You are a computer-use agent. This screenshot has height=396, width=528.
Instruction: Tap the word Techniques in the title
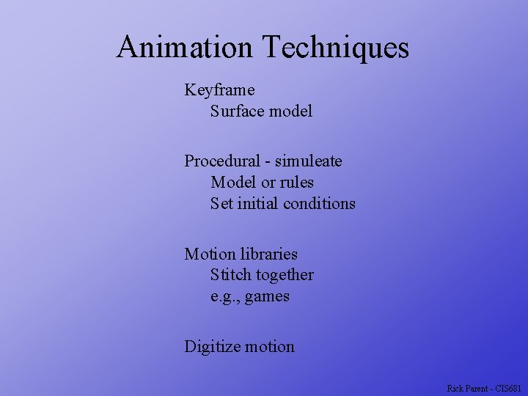pyautogui.click(x=335, y=48)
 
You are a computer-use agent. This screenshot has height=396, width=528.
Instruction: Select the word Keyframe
pyautogui.click(x=219, y=90)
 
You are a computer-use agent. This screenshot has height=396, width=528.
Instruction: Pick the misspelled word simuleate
pyautogui.click(x=309, y=161)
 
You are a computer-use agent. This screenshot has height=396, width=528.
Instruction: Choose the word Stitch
pyautogui.click(x=230, y=275)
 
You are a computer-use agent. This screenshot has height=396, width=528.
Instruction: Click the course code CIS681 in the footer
pyautogui.click(x=510, y=388)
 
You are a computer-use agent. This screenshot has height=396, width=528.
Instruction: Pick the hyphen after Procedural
pyautogui.click(x=268, y=161)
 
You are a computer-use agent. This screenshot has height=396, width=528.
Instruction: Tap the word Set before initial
pyautogui.click(x=221, y=203)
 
